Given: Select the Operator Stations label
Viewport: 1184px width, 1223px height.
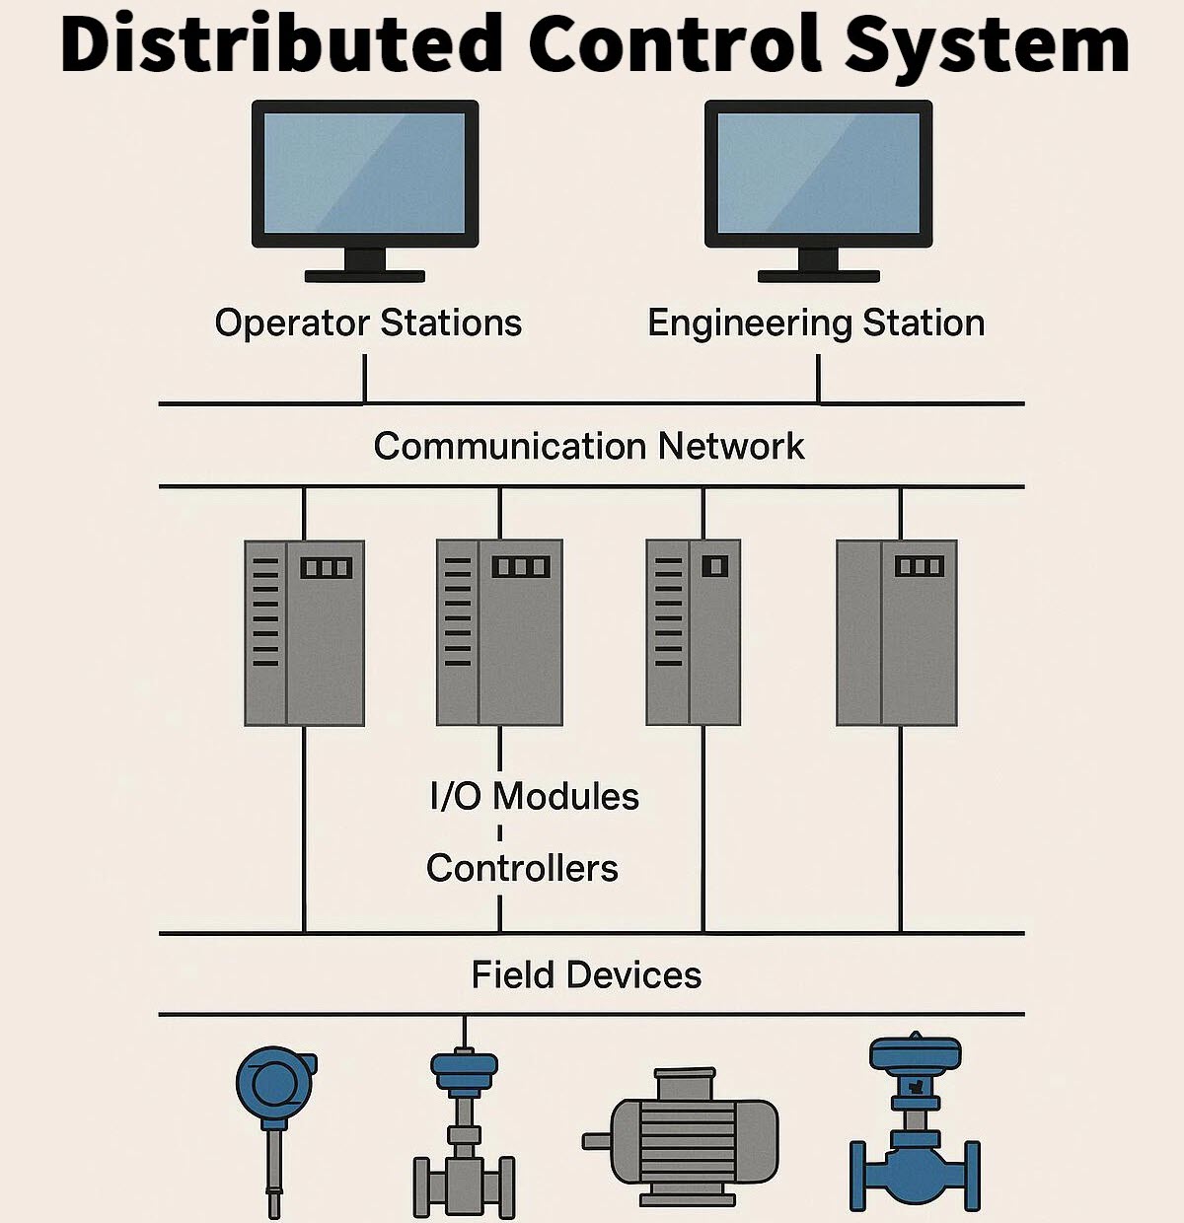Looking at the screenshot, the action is [x=368, y=324].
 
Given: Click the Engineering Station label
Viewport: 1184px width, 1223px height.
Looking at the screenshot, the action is [x=816, y=324].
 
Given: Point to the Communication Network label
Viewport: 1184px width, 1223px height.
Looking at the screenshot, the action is [x=589, y=446].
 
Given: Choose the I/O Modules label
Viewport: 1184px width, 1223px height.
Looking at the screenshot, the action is [x=535, y=796].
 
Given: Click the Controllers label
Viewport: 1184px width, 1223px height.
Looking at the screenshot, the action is [x=523, y=869].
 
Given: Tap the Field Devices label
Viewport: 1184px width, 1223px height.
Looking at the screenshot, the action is [x=587, y=975].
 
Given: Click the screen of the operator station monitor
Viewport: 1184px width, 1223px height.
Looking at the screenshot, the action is [x=365, y=173].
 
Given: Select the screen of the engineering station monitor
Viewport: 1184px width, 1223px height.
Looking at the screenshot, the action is [x=819, y=173].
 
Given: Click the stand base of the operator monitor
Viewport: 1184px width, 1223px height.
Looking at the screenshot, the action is [x=365, y=276].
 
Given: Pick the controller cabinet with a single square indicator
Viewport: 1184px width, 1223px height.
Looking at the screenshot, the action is [x=694, y=632].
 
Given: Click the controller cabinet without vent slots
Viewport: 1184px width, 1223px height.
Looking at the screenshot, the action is [x=897, y=633].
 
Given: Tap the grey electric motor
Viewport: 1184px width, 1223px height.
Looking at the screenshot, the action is [x=682, y=1139].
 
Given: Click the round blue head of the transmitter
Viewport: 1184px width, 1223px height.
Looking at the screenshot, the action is [x=275, y=1083].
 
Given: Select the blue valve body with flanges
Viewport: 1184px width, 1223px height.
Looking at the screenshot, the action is [x=915, y=1172].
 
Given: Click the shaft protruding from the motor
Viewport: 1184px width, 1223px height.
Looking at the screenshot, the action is [x=597, y=1141].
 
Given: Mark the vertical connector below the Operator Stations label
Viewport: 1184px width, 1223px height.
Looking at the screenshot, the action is [x=365, y=379].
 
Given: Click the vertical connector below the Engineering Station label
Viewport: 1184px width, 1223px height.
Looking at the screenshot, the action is [x=818, y=379].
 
